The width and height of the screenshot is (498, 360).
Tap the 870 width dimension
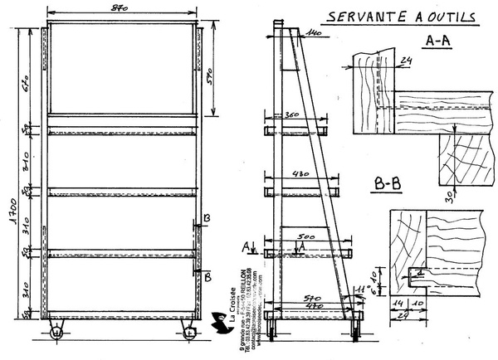coord(120,8)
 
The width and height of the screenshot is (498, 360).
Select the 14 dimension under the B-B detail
coord(399,304)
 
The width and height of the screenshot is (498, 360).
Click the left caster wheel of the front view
coord(56,333)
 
